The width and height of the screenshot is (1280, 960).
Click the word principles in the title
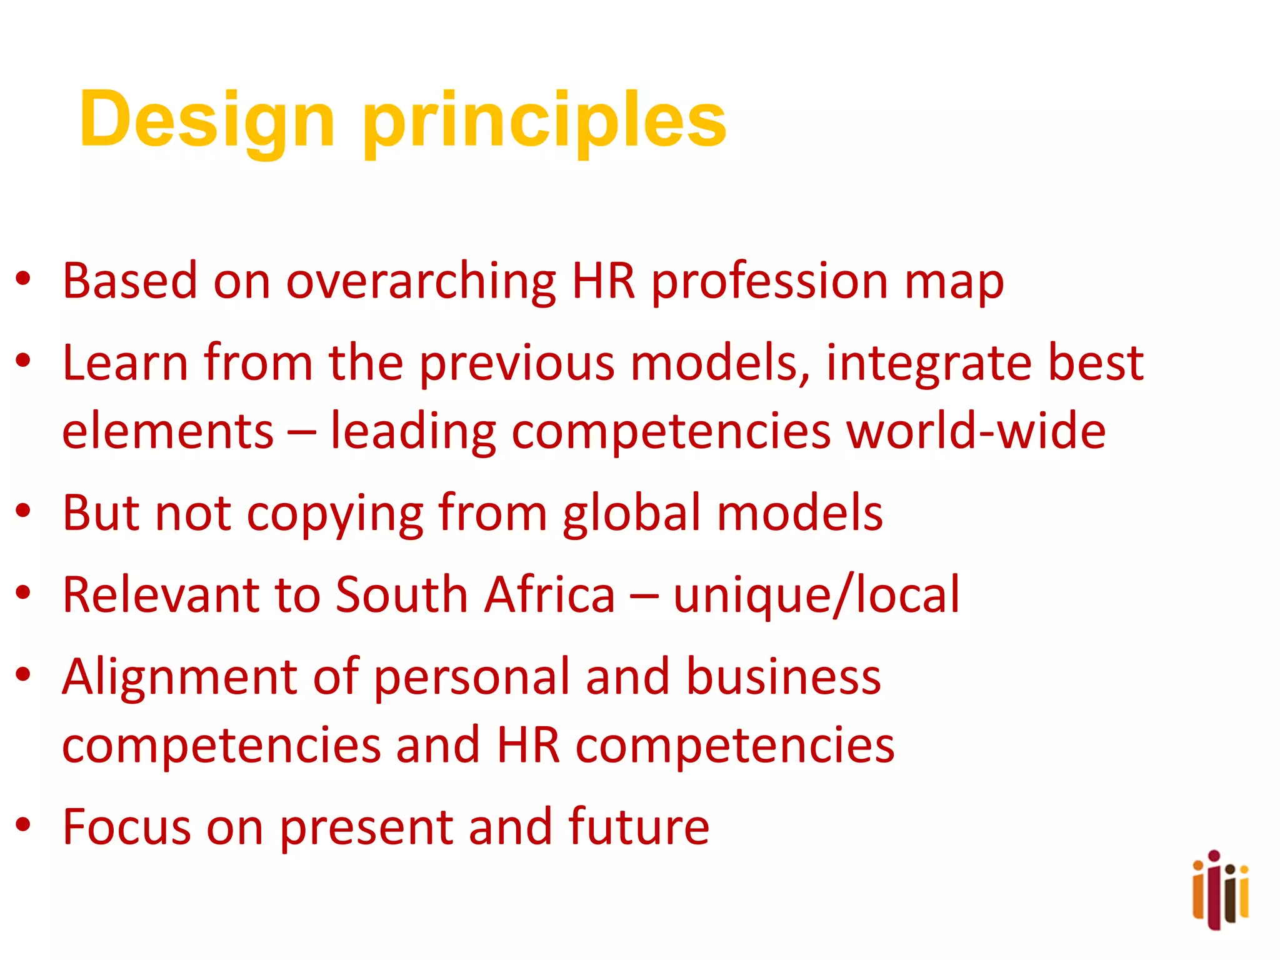coord(544,120)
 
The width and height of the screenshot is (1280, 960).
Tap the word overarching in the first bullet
coord(421,281)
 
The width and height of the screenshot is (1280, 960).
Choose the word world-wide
coord(976,431)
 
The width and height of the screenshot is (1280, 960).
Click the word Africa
coord(551,594)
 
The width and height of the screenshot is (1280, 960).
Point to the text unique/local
coord(816,596)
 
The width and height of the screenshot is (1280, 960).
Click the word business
coord(784,676)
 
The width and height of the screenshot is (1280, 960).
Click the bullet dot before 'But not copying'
coord(24,511)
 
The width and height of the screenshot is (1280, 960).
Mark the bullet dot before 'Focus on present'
coord(24,824)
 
